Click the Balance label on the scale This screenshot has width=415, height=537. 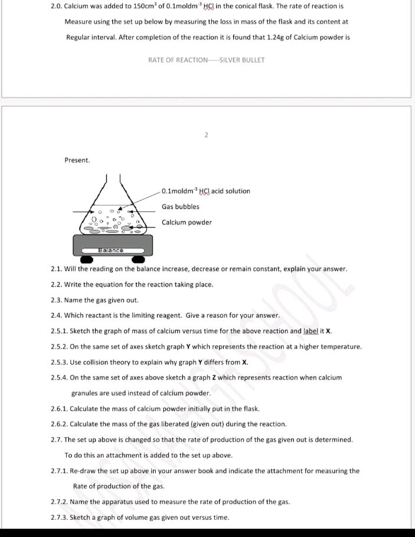pyautogui.click(x=111, y=250)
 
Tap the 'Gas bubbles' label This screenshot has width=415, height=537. pyautogui.click(x=181, y=207)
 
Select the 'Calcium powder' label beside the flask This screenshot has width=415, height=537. pyautogui.click(x=187, y=223)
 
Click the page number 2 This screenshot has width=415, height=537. pyautogui.click(x=206, y=135)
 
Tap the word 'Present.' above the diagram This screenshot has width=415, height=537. pyautogui.click(x=77, y=160)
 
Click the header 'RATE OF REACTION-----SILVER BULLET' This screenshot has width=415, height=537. pyautogui.click(x=206, y=60)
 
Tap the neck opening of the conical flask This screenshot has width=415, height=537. pyautogui.click(x=114, y=177)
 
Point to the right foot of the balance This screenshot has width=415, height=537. pyautogui.click(x=138, y=259)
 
